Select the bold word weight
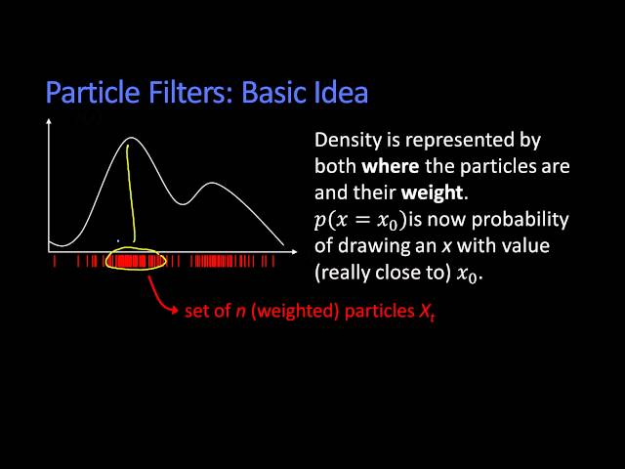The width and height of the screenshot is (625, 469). coord(432,192)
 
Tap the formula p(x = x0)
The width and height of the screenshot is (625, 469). coord(360,220)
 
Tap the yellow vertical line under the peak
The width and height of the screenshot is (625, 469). coord(130,195)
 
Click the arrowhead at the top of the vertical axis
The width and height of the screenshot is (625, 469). coord(50,122)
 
